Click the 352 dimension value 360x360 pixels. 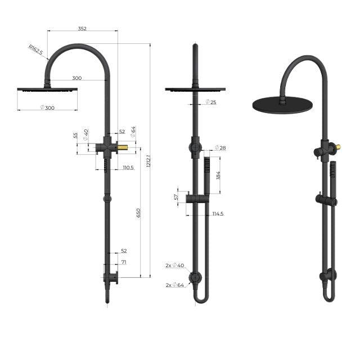[82, 28]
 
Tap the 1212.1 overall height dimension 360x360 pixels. [147, 160]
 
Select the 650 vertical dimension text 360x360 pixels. [138, 214]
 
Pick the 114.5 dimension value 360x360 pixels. [218, 214]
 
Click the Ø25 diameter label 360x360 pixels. [211, 102]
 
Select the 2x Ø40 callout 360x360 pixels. [175, 265]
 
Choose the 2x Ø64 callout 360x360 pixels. [175, 285]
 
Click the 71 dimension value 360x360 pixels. [123, 262]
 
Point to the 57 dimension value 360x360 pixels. [176, 197]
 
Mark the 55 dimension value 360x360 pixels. [76, 136]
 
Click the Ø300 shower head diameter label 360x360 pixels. [47, 107]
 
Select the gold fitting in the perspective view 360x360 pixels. [337, 148]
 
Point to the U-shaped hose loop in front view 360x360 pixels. [201, 298]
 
